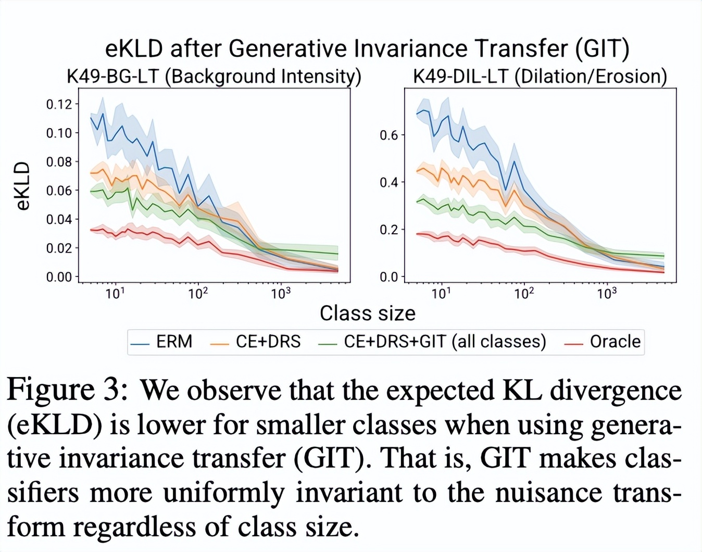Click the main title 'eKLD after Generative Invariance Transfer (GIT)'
(x=367, y=48)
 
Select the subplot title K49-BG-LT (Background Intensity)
(x=214, y=77)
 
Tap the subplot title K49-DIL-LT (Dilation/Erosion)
(x=540, y=77)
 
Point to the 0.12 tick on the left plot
(x=59, y=104)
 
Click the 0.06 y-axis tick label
(x=59, y=191)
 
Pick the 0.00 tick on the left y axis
(x=59, y=277)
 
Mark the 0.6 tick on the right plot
(x=388, y=135)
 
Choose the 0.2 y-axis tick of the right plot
(x=388, y=230)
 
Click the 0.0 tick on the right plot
(x=388, y=277)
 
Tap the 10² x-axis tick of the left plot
(x=198, y=294)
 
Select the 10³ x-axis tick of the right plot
(x=607, y=294)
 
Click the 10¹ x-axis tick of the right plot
(x=441, y=294)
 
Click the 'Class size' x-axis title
(x=367, y=313)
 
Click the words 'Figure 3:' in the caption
(x=67, y=391)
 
